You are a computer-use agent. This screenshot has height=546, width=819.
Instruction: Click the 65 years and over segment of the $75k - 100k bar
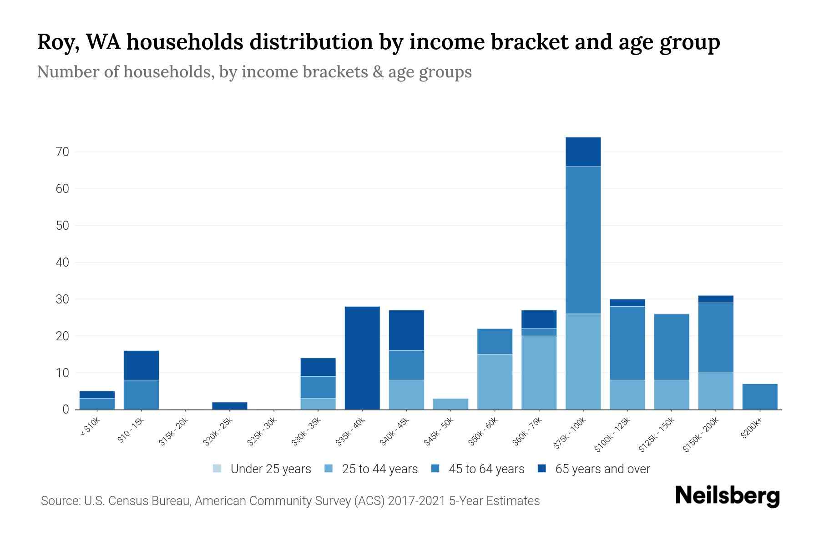click(x=583, y=152)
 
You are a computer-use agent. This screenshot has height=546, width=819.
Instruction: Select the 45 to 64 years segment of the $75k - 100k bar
click(x=583, y=240)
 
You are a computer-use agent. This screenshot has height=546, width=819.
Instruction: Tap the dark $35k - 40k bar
click(x=362, y=358)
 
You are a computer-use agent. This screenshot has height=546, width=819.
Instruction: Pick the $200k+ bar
click(x=759, y=397)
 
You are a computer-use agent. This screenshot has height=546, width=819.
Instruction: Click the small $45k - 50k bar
click(x=450, y=404)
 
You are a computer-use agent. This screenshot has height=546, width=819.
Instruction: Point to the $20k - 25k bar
click(x=230, y=406)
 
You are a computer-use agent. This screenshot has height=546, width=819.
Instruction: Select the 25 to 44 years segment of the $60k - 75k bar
click(x=539, y=373)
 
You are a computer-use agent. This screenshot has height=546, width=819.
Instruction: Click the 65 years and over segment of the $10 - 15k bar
click(x=141, y=365)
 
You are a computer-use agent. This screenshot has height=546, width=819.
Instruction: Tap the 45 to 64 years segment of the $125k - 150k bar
click(x=671, y=347)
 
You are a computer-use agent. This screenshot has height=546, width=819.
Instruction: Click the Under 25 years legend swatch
click(x=217, y=469)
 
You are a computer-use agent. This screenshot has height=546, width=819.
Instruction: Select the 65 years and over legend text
click(x=602, y=469)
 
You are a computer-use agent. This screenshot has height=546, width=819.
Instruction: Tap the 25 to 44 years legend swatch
click(x=329, y=469)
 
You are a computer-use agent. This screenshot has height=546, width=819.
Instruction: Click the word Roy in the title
click(x=56, y=42)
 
